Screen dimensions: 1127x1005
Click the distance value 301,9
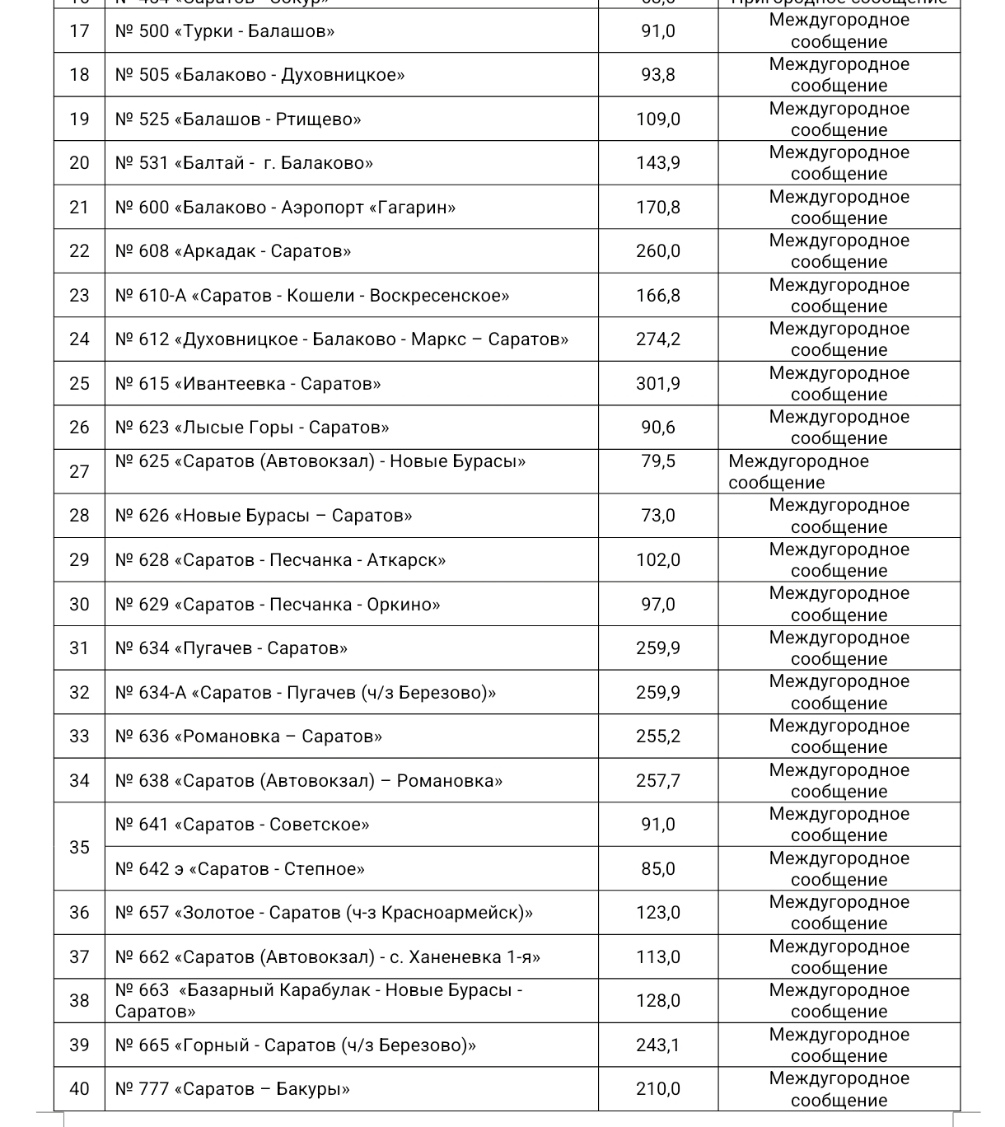click(657, 384)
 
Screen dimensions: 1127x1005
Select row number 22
click(79, 251)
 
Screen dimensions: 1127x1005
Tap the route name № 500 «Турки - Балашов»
click(225, 31)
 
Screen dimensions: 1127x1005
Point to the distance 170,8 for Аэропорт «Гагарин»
click(657, 208)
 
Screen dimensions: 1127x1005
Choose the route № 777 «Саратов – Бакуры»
click(232, 1089)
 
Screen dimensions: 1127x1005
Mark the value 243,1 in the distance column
click(657, 1045)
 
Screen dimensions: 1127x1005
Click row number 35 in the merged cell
click(79, 847)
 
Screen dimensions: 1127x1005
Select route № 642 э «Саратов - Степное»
click(240, 869)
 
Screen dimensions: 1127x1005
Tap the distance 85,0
click(657, 869)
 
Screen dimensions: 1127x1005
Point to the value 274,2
click(657, 339)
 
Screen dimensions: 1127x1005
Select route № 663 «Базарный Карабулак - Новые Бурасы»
click(318, 1000)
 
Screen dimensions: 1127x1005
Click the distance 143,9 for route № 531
click(657, 163)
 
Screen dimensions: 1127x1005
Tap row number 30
click(79, 605)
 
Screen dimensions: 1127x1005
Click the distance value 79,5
click(657, 461)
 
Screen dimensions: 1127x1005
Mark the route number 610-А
click(162, 296)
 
